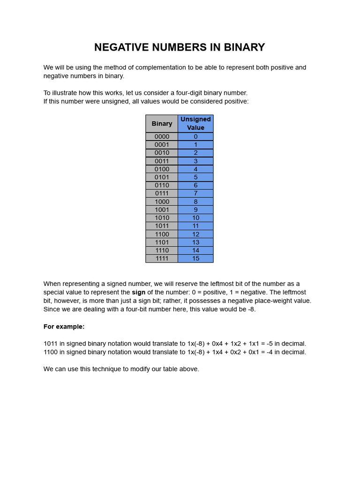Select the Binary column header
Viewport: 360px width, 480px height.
click(162, 124)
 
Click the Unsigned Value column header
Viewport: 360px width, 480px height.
click(195, 124)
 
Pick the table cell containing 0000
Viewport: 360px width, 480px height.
click(162, 137)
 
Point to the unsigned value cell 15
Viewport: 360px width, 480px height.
click(195, 259)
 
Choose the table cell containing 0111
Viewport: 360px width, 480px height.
click(162, 194)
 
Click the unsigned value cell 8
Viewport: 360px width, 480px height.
click(195, 202)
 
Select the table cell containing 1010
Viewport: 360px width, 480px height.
click(162, 218)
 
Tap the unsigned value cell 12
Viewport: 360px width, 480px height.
click(195, 234)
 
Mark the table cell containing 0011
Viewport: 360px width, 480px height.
click(162, 161)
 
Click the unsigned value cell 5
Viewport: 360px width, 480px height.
click(195, 178)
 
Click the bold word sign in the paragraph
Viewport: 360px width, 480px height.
click(139, 292)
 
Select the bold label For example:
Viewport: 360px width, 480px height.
click(64, 327)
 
